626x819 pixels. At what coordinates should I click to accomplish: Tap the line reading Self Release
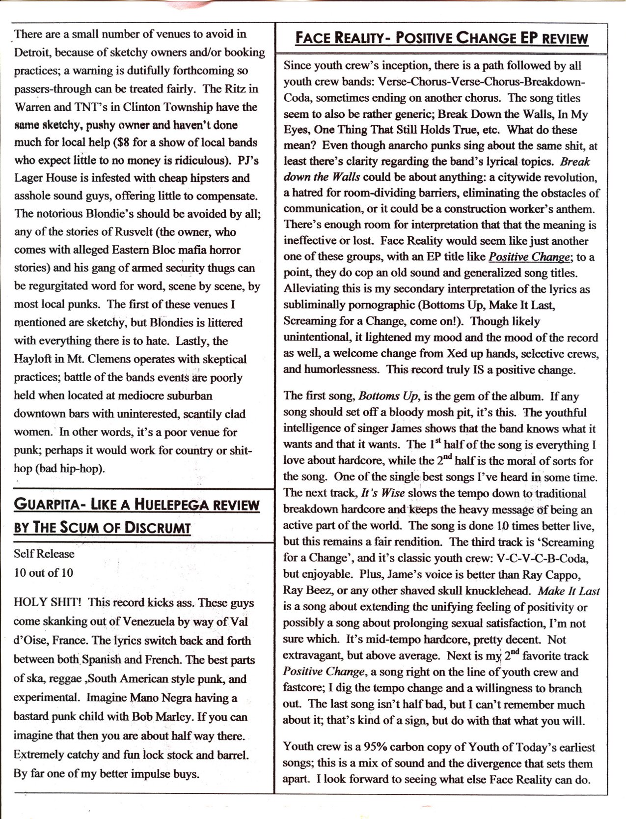click(x=44, y=554)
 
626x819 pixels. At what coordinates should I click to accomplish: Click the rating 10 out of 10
click(x=43, y=572)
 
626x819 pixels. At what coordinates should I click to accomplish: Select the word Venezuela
click(x=147, y=621)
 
